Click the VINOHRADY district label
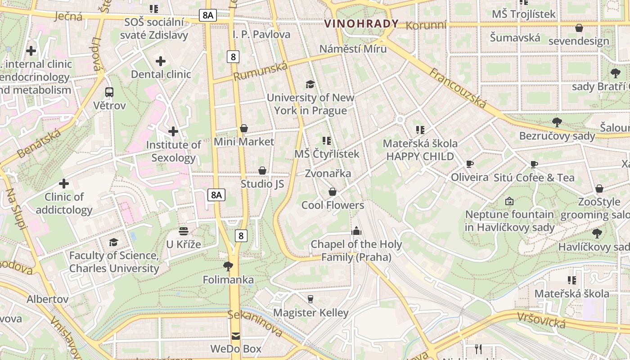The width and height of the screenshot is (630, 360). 361,24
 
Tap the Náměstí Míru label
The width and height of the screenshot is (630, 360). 353,49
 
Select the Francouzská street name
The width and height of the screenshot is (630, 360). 457,88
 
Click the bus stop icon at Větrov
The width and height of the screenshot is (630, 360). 109,92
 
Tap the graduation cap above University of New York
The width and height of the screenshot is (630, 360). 310,84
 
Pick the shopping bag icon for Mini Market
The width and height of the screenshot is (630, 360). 244,129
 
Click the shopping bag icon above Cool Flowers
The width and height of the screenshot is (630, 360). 333,192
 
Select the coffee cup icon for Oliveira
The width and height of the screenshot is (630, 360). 470,164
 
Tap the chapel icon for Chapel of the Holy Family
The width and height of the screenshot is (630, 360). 356,231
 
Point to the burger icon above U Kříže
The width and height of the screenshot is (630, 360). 183,231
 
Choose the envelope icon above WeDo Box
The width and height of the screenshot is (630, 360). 236,336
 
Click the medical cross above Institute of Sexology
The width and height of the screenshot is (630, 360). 173,131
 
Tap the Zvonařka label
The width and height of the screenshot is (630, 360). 328,173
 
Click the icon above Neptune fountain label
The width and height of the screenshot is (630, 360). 509,201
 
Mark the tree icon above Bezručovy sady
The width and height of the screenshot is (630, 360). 557,122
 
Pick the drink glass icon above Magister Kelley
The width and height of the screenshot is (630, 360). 310,299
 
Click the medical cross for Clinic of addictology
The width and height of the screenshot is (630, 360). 64,184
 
